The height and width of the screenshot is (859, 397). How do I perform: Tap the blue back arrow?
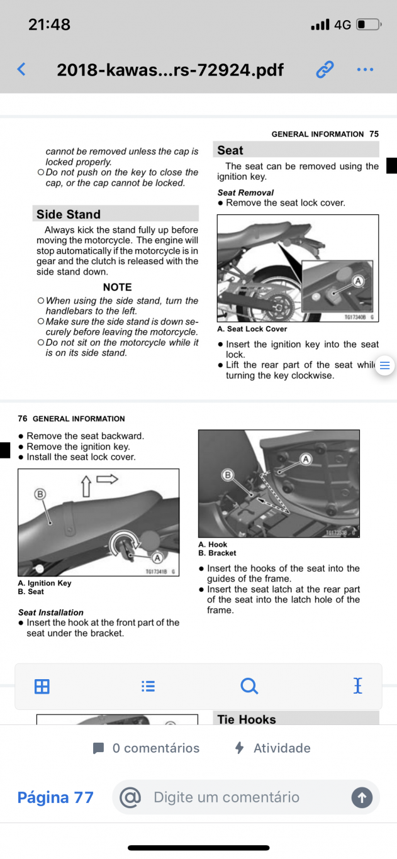tap(21, 69)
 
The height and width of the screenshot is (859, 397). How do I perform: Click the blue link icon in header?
tap(325, 69)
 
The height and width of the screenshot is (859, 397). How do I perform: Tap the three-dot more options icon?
tap(365, 69)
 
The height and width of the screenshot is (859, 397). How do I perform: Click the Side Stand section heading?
tap(69, 214)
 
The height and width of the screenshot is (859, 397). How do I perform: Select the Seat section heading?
tap(230, 150)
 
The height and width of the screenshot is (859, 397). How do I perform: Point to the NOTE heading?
tap(117, 287)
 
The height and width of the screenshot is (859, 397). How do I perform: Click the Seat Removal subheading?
tap(245, 192)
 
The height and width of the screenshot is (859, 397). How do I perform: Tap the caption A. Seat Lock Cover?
tap(252, 329)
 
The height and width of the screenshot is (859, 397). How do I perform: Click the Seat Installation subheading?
tap(51, 612)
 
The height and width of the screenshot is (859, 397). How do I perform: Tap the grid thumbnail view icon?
tap(42, 686)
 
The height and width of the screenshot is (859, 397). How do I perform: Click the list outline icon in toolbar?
tap(148, 686)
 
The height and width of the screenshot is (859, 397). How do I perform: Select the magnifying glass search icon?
tap(249, 686)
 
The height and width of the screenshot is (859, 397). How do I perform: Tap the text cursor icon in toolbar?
tap(358, 686)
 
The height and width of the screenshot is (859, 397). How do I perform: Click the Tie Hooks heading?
tap(247, 719)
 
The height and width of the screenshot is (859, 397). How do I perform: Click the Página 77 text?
tap(55, 797)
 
